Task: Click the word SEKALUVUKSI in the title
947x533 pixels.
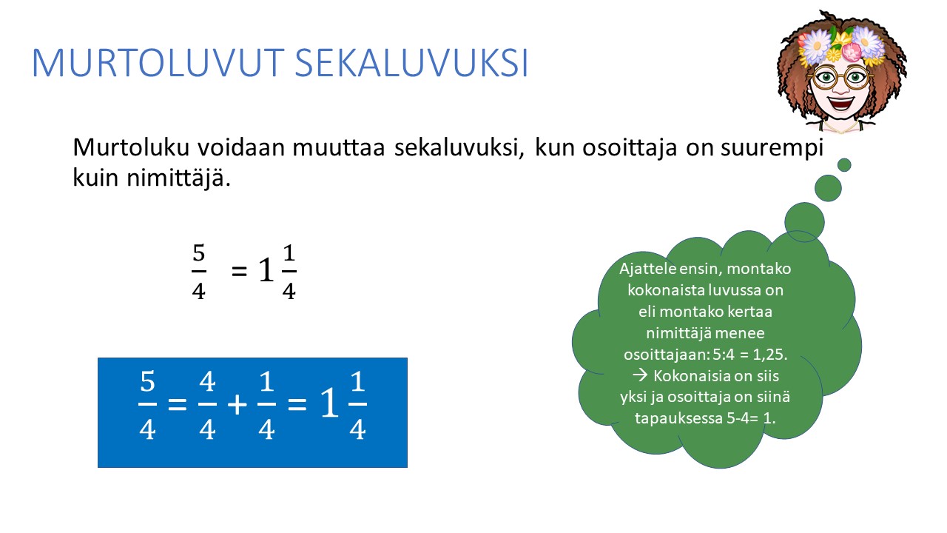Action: (x=411, y=63)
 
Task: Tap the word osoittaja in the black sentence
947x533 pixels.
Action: (x=630, y=148)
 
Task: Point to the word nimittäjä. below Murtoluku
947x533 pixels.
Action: (x=178, y=178)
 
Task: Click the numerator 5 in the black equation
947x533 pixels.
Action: (x=199, y=252)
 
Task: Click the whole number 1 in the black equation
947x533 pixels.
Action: (x=266, y=270)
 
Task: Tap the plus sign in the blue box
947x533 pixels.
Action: (x=237, y=405)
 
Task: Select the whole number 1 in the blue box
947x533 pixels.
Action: (x=329, y=403)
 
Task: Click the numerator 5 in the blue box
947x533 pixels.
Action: (x=147, y=381)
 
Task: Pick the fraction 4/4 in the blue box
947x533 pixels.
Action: (x=207, y=405)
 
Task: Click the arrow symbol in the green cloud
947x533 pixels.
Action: (x=640, y=375)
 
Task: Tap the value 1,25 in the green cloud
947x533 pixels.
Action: (x=769, y=355)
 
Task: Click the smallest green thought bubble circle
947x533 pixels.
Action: (x=844, y=165)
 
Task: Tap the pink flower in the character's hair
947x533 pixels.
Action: (x=851, y=52)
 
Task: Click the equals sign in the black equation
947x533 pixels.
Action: (x=239, y=271)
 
